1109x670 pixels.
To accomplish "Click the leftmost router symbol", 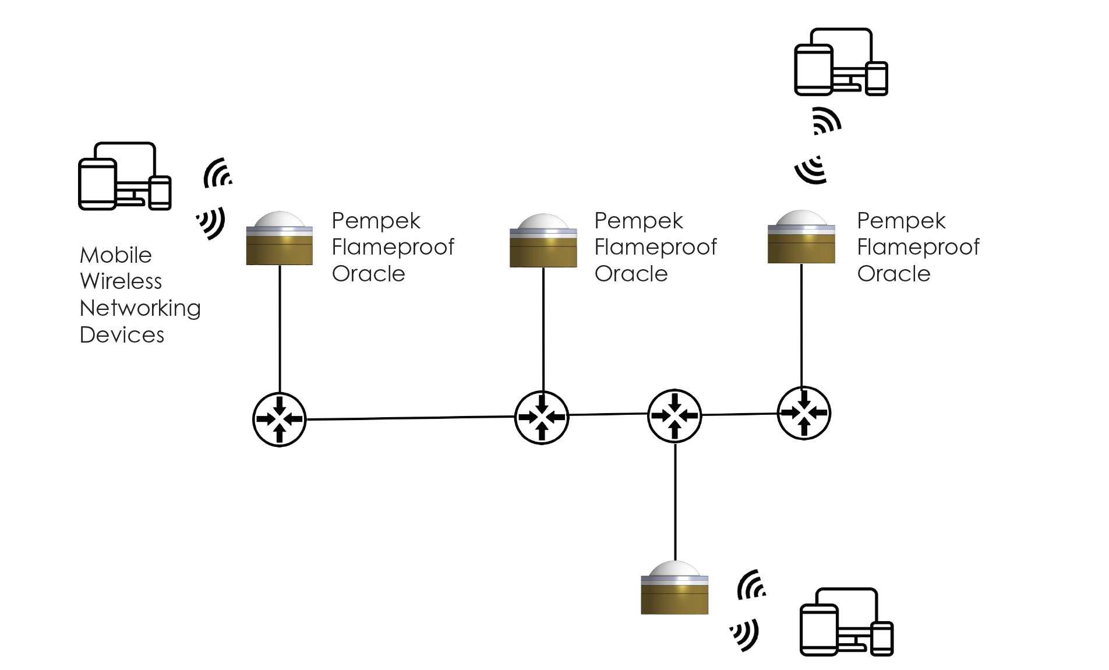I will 279,419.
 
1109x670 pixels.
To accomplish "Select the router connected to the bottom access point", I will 674,415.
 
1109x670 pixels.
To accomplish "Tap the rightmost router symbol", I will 804,413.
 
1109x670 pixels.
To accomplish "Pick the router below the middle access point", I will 542,417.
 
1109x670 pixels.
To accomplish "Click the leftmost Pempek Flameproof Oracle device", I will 279,239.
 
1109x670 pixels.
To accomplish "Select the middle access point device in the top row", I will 543,241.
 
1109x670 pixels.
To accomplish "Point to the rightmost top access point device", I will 801,237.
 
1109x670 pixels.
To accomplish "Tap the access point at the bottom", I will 674,588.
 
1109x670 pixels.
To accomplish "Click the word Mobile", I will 116,255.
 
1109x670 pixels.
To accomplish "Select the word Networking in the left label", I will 140,308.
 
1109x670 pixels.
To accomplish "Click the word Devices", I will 122,335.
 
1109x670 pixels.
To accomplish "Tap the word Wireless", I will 121,281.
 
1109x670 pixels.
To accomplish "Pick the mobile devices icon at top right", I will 840,62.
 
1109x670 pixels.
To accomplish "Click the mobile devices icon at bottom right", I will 846,622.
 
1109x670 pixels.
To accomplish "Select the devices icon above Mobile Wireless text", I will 125,176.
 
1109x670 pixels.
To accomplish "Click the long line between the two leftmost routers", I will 411,418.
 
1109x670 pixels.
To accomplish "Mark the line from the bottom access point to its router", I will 675,501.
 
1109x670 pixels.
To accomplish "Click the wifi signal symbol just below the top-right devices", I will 827,121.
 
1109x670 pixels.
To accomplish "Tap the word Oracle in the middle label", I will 631,274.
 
